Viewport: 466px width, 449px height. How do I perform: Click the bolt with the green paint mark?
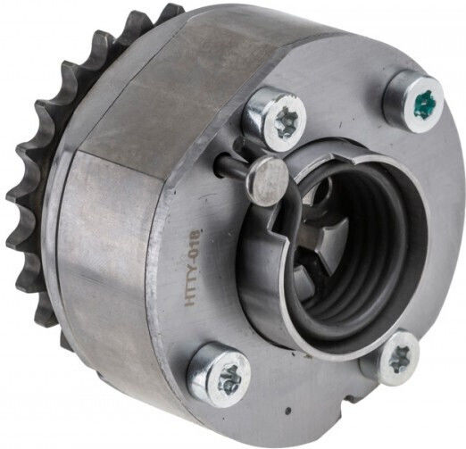pos(414,101)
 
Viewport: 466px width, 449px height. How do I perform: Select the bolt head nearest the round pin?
pos(275,119)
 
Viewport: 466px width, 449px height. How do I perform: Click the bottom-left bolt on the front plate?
pos(220,374)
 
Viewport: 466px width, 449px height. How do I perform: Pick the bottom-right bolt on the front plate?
pos(391,358)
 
